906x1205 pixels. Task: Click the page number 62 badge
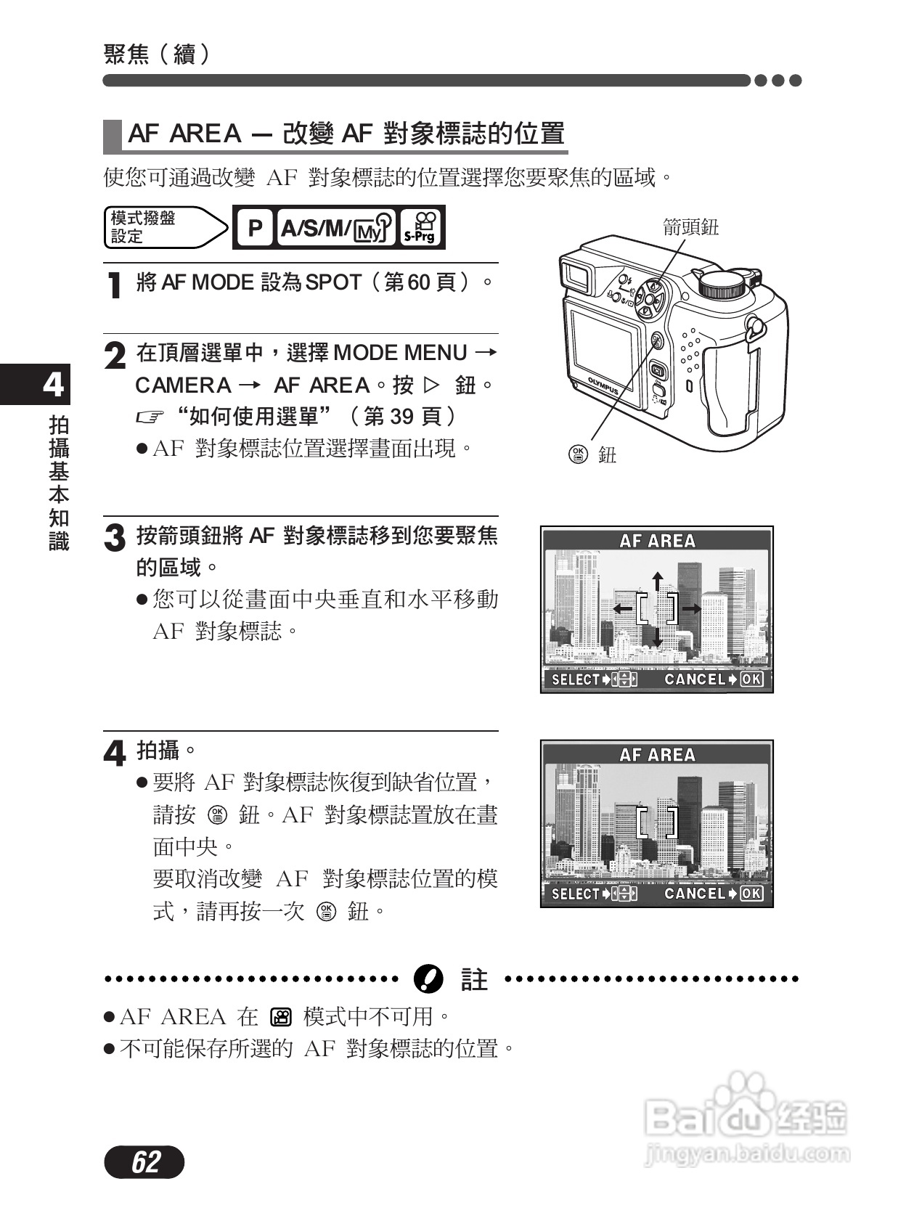point(144,1162)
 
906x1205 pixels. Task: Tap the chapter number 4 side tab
point(53,385)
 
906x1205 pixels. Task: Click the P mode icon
point(254,228)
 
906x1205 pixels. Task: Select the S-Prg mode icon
point(420,227)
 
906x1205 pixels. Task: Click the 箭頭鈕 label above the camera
point(690,227)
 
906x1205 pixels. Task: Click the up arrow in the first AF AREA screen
point(657,580)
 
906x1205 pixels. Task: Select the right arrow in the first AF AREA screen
point(691,608)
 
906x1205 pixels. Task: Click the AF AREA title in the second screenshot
point(657,755)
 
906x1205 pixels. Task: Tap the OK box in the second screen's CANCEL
point(751,894)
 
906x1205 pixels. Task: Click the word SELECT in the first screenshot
point(575,679)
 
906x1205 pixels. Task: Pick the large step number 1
point(114,285)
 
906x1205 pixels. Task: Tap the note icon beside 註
point(428,979)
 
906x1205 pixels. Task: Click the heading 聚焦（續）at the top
point(157,53)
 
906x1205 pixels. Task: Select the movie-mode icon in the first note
point(280,1017)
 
